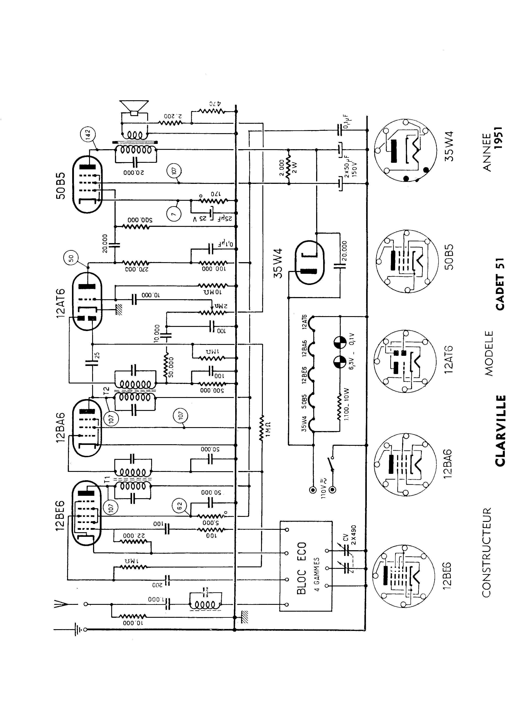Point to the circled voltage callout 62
(x=180, y=505)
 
